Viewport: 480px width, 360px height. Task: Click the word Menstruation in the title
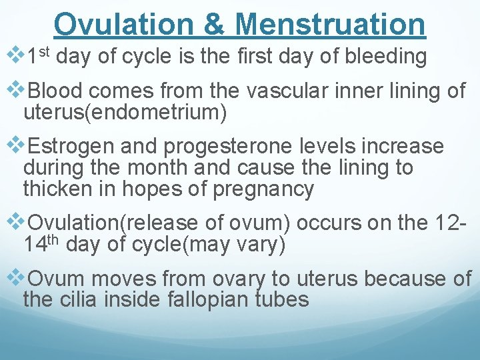pyautogui.click(x=331, y=24)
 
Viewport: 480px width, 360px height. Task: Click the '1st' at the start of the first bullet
pyautogui.click(x=39, y=57)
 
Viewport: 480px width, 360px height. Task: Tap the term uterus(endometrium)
pyautogui.click(x=125, y=113)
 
